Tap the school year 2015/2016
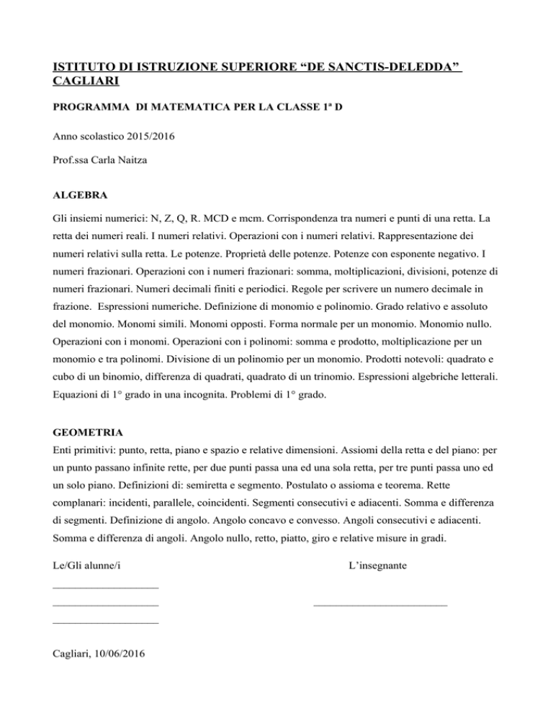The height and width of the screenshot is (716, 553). pyautogui.click(x=138, y=134)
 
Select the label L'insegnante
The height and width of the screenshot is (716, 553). pyautogui.click(x=377, y=567)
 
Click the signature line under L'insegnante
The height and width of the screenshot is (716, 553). pyautogui.click(x=380, y=605)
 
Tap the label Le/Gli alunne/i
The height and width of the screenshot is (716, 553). pyautogui.click(x=86, y=567)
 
